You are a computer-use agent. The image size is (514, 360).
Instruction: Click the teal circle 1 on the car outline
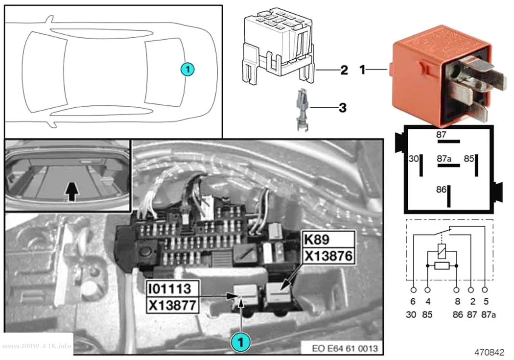[187, 69]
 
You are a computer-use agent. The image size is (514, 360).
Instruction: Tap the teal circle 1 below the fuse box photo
[241, 342]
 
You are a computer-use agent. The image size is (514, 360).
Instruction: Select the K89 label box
[328, 240]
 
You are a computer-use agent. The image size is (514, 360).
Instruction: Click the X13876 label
[328, 256]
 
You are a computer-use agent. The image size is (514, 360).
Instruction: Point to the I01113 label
[172, 288]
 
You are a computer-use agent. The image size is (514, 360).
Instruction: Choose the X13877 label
[172, 305]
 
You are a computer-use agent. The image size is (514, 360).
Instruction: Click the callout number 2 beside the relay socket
[344, 70]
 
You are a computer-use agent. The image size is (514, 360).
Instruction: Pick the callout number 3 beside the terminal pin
[343, 108]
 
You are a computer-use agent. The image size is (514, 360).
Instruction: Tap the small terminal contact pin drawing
[303, 110]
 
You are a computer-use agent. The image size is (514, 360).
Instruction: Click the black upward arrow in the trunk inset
[72, 192]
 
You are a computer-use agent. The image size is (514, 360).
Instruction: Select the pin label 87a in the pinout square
[444, 159]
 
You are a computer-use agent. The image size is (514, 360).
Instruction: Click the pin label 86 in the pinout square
[441, 190]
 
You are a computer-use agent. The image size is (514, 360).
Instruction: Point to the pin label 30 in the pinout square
[414, 159]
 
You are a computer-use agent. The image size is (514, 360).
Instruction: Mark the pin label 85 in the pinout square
[469, 159]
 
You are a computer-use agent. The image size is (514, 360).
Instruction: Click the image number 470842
[489, 352]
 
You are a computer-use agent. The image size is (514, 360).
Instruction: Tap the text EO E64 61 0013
[345, 348]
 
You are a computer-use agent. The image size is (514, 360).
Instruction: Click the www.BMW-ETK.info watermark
[36, 346]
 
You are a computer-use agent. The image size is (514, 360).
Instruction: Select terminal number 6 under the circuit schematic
[413, 301]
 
